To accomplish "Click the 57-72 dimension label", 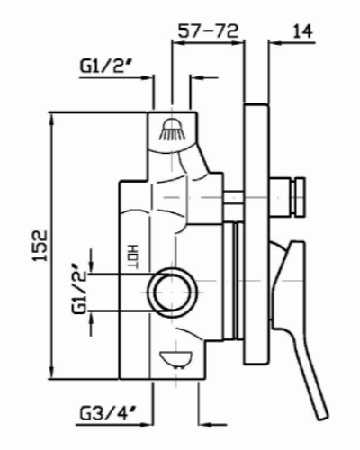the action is point(209,31).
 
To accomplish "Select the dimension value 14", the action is point(302,31).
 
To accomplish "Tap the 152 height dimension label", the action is point(40,246).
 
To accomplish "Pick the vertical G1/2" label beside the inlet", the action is point(79,289).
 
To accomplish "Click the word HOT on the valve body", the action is point(132,256).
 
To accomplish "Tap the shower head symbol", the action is point(172,130).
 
